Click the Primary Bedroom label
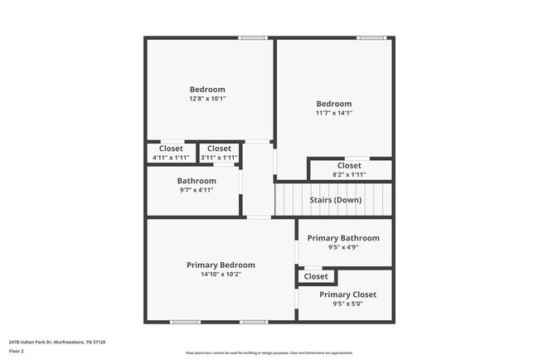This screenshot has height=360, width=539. click(x=221, y=265)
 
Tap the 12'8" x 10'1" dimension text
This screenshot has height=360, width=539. click(x=207, y=99)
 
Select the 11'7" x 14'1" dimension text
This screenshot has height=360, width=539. click(x=333, y=113)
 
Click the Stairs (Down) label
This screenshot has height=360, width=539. click(x=335, y=200)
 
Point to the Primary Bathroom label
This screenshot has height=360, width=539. click(x=343, y=238)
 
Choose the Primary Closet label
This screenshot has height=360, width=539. click(x=347, y=294)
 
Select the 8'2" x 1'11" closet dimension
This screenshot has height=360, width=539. click(x=349, y=174)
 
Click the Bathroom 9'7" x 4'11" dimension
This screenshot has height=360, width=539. click(x=197, y=190)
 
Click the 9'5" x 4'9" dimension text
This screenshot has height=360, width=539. click(x=343, y=247)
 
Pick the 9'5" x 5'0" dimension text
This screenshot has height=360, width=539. click(x=347, y=304)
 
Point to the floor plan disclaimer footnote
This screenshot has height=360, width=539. click(x=269, y=353)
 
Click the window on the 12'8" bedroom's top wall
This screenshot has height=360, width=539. click(x=252, y=37)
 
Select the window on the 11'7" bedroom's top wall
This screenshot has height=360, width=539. click(x=371, y=37)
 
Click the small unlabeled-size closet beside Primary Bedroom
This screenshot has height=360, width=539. click(x=316, y=276)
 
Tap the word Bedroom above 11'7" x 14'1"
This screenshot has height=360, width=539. click(x=333, y=104)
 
